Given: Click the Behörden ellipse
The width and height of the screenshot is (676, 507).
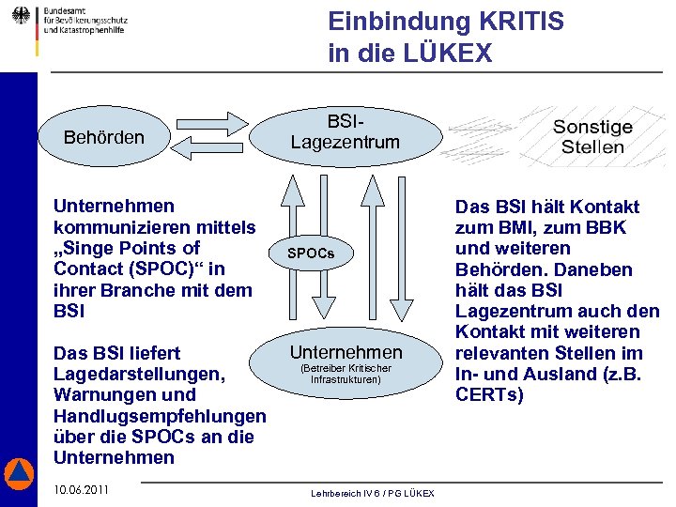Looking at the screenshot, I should pyautogui.click(x=103, y=138).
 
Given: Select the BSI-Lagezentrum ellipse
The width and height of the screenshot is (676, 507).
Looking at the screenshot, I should pyautogui.click(x=345, y=132).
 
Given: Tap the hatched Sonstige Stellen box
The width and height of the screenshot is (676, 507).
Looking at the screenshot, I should pyautogui.click(x=591, y=137).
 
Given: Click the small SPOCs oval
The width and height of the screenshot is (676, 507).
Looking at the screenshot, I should pyautogui.click(x=310, y=253).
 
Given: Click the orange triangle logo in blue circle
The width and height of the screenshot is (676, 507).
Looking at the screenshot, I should pyautogui.click(x=19, y=473).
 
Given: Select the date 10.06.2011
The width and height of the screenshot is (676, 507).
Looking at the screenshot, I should pyautogui.click(x=81, y=490).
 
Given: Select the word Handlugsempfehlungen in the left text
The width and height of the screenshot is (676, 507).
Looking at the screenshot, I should pyautogui.click(x=161, y=416).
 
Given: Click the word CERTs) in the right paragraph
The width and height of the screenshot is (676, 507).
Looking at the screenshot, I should pyautogui.click(x=489, y=394).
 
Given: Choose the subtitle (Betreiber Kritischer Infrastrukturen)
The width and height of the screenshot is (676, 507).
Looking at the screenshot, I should pyautogui.click(x=346, y=375).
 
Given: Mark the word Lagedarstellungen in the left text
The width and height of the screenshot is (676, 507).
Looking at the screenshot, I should pyautogui.click(x=139, y=374).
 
